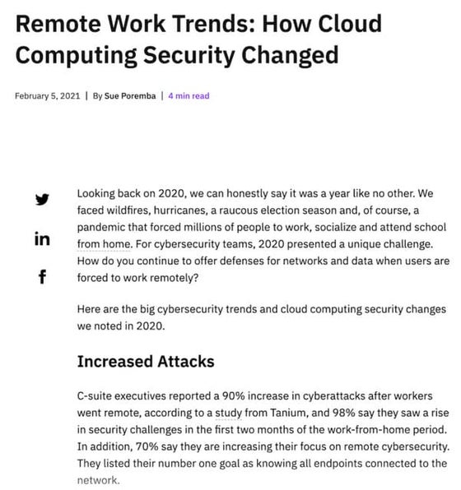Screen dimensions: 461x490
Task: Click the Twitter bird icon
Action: click(42, 199)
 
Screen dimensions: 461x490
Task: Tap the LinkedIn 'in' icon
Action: click(42, 238)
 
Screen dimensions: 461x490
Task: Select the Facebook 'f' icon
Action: click(42, 277)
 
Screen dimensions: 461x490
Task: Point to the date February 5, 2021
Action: click(47, 95)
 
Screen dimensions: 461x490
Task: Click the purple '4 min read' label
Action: click(189, 95)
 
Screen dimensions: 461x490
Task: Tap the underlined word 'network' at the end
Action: click(98, 482)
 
